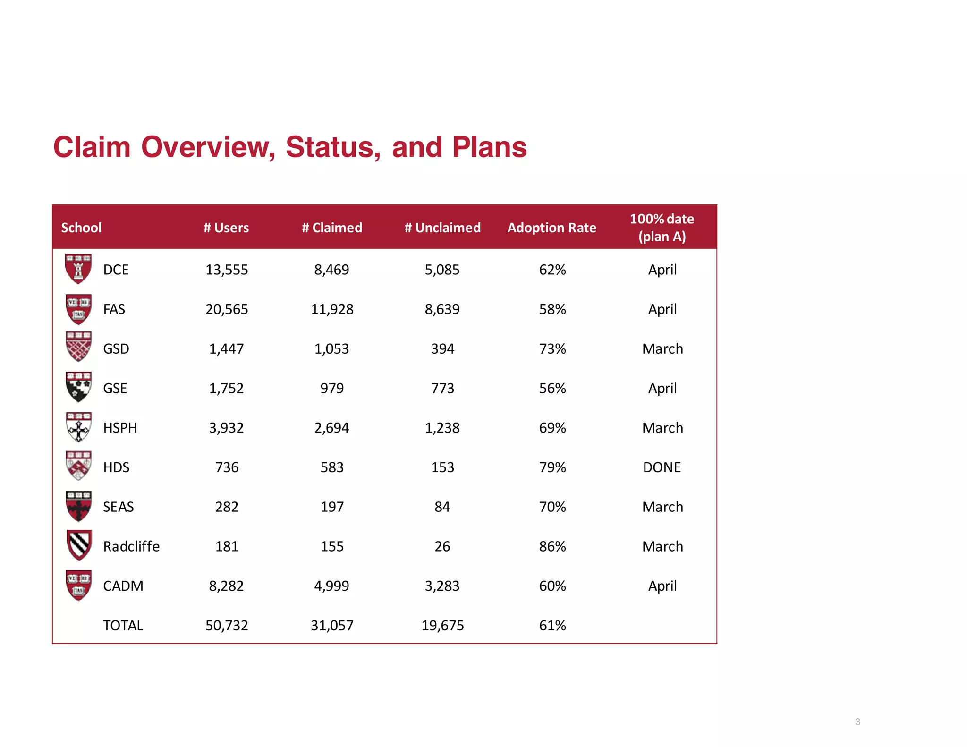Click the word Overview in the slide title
tap(208, 147)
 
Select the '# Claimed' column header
tap(332, 228)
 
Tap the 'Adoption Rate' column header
tap(551, 228)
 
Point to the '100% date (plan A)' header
tap(662, 228)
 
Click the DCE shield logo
tap(78, 269)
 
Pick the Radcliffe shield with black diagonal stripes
tap(78, 545)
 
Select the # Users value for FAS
tap(227, 309)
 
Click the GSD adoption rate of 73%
tap(552, 349)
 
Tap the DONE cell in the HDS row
tap(662, 467)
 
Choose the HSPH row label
tap(120, 428)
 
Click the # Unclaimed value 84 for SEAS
tap(442, 507)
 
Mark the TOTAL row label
tap(123, 625)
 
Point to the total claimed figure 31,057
tap(332, 625)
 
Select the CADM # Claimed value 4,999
tap(332, 586)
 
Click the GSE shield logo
tap(78, 387)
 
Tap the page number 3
tap(857, 722)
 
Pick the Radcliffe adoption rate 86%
tap(552, 546)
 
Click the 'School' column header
tap(81, 228)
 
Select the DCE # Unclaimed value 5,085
tap(442, 270)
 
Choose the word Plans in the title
tap(489, 147)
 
